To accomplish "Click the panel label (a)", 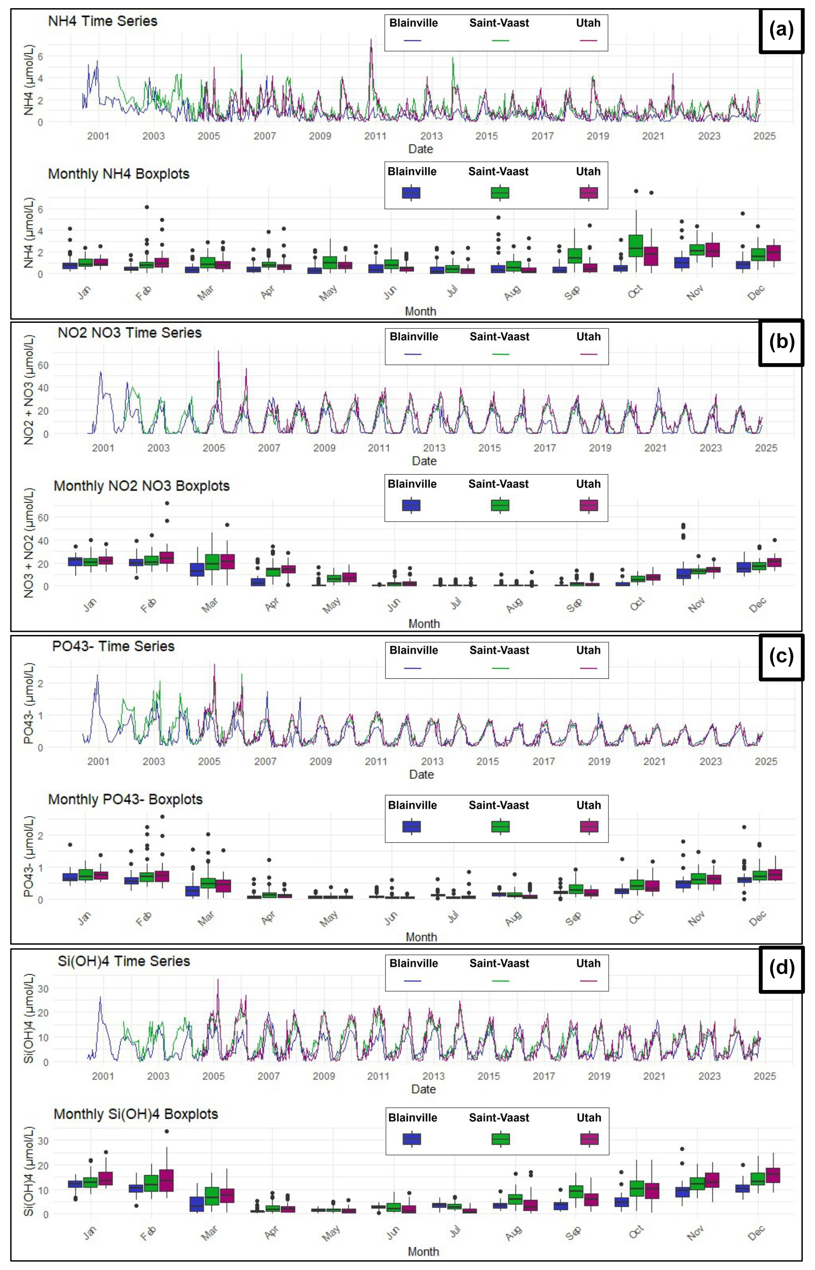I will pyautogui.click(x=781, y=31).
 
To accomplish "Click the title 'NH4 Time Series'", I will pyautogui.click(x=103, y=21).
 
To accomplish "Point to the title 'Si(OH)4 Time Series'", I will pyautogui.click(x=124, y=961).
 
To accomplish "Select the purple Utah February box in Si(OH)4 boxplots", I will pyautogui.click(x=166, y=1180).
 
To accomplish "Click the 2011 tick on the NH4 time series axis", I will pyautogui.click(x=375, y=136).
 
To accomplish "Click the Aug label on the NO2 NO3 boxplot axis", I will pyautogui.click(x=514, y=605).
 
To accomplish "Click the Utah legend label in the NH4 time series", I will pyautogui.click(x=588, y=23).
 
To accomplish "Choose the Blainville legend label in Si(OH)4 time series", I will pyautogui.click(x=413, y=963).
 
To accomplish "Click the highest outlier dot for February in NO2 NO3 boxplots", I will pyautogui.click(x=167, y=503).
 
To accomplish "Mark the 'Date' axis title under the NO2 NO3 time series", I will pyautogui.click(x=424, y=461).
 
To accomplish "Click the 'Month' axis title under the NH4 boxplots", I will pyautogui.click(x=420, y=311).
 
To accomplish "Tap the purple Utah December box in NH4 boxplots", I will pyautogui.click(x=773, y=253).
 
